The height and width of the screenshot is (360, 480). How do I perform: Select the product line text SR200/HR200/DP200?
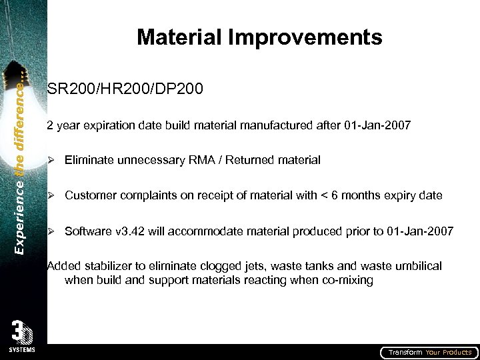(x=125, y=89)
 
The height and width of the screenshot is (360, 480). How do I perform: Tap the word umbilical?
(x=417, y=267)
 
